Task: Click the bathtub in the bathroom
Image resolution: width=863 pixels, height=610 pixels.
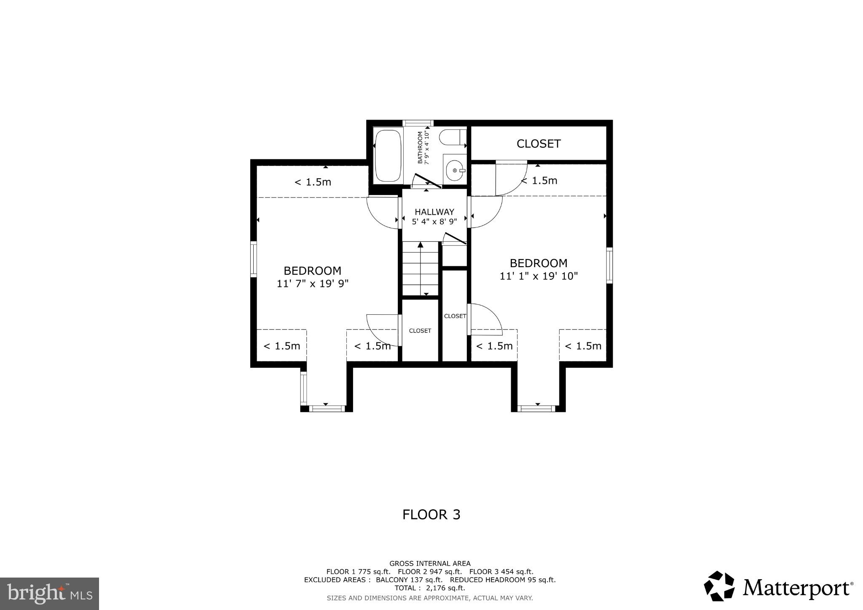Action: click(x=388, y=155)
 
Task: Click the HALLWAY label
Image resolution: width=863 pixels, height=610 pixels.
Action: click(x=434, y=212)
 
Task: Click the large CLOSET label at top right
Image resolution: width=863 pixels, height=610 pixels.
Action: click(x=538, y=144)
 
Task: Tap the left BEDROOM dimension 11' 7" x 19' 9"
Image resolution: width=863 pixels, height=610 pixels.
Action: click(x=312, y=284)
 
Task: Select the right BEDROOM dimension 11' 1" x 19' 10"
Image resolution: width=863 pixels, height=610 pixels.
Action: click(x=539, y=276)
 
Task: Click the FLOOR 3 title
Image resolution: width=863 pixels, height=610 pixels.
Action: click(x=431, y=515)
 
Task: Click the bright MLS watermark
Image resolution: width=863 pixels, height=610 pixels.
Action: click(x=50, y=594)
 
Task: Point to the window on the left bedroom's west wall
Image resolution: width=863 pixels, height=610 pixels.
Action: click(x=254, y=259)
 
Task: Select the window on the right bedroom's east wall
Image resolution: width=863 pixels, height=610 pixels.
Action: click(x=609, y=265)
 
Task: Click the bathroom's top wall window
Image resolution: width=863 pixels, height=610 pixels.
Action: click(x=415, y=123)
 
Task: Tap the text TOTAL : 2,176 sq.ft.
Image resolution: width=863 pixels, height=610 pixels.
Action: click(x=429, y=588)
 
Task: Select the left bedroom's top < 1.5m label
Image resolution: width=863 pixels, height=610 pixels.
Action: click(x=312, y=182)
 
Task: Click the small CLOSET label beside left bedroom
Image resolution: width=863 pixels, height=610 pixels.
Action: click(x=420, y=331)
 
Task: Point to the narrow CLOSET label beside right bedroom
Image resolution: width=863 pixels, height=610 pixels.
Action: click(x=455, y=316)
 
